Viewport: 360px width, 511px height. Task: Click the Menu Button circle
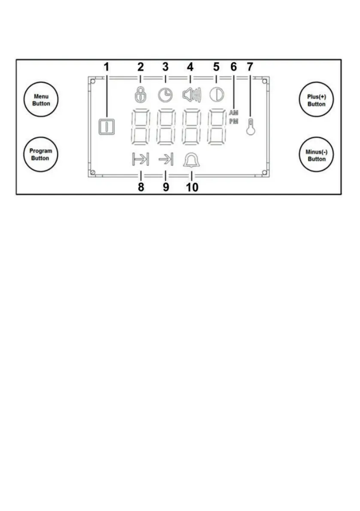42,100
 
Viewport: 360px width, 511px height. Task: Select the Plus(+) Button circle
316,101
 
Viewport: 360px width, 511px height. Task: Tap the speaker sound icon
191,94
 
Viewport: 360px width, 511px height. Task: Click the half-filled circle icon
216,94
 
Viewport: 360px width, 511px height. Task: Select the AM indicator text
233,112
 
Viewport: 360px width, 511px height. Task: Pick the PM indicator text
233,121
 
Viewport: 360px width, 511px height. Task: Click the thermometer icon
250,127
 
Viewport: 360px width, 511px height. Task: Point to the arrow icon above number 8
140,160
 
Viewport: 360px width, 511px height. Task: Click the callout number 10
192,187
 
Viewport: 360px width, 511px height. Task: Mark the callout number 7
250,67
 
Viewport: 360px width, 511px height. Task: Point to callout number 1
106,67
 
